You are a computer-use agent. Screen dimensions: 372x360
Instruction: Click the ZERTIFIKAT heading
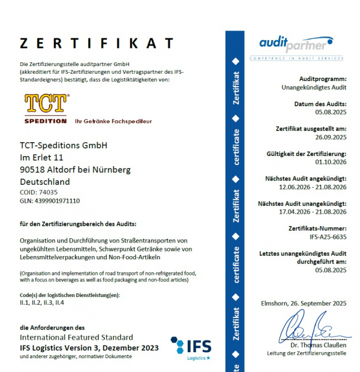click(x=97, y=43)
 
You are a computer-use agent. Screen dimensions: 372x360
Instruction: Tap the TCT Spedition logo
click(x=46, y=109)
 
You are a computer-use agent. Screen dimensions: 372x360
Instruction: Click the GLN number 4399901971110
click(x=57, y=201)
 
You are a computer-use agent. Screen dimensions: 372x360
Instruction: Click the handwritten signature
click(x=312, y=329)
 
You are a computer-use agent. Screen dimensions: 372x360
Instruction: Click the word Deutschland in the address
click(x=45, y=182)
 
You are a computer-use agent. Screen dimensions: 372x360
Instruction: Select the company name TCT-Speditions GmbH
click(x=64, y=145)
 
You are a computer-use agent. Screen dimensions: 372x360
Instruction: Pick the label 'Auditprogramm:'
click(x=323, y=79)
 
